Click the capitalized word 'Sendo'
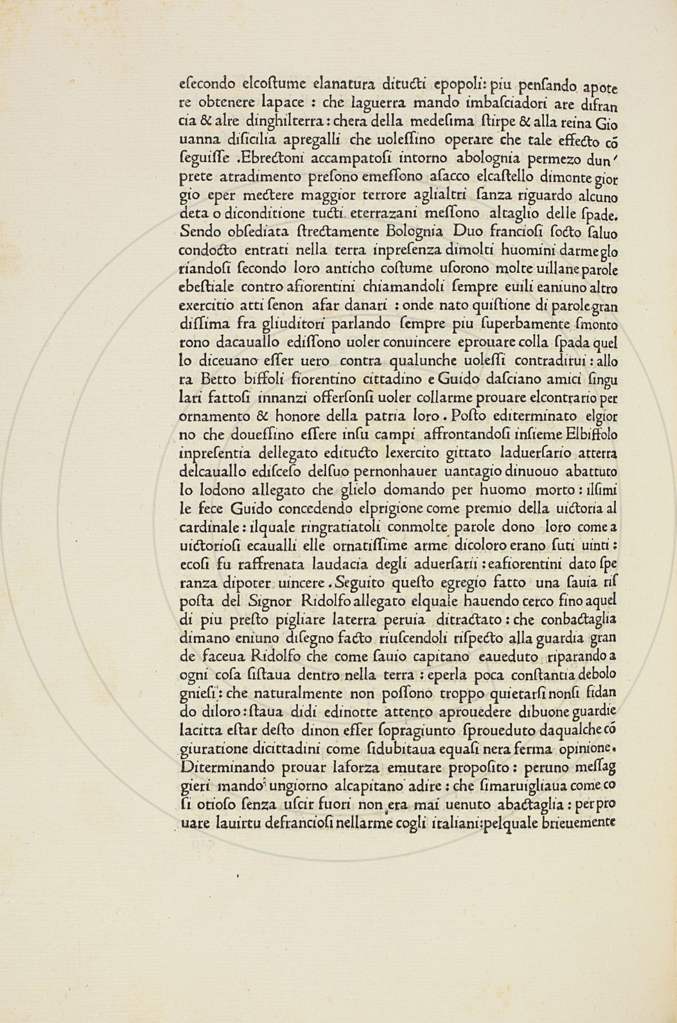coord(194,231)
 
